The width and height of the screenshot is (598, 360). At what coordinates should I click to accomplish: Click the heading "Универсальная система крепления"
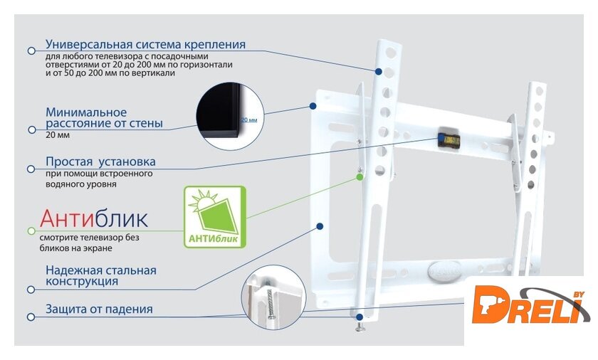[x=145, y=44]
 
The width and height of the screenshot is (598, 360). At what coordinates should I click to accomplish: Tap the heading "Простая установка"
[x=100, y=162]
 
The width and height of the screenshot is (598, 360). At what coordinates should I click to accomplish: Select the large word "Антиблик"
[x=94, y=218]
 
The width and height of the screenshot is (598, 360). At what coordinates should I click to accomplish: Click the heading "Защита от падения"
[x=99, y=309]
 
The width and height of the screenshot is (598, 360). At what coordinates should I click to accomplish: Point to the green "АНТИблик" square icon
[x=215, y=217]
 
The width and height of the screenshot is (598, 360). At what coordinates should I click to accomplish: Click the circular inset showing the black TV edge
[x=230, y=116]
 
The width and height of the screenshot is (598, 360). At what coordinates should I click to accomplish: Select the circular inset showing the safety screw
[x=273, y=297]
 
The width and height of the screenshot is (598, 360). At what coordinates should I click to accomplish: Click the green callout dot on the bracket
[x=360, y=177]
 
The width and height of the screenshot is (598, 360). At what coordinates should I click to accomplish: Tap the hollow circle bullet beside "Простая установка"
[x=31, y=169]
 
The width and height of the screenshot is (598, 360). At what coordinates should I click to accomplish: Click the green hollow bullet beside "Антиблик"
[x=31, y=231]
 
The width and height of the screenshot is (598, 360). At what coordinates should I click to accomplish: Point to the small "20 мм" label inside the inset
[x=249, y=120]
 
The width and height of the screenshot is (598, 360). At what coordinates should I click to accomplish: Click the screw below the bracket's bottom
[x=360, y=327]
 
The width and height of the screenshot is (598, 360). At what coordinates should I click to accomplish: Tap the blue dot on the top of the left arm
[x=378, y=72]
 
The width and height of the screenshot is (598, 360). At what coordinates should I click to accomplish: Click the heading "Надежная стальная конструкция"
[x=101, y=276]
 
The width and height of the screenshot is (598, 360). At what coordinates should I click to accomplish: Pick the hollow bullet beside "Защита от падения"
[x=31, y=317]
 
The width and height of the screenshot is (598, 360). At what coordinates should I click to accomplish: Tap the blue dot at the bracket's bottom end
[x=360, y=317]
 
